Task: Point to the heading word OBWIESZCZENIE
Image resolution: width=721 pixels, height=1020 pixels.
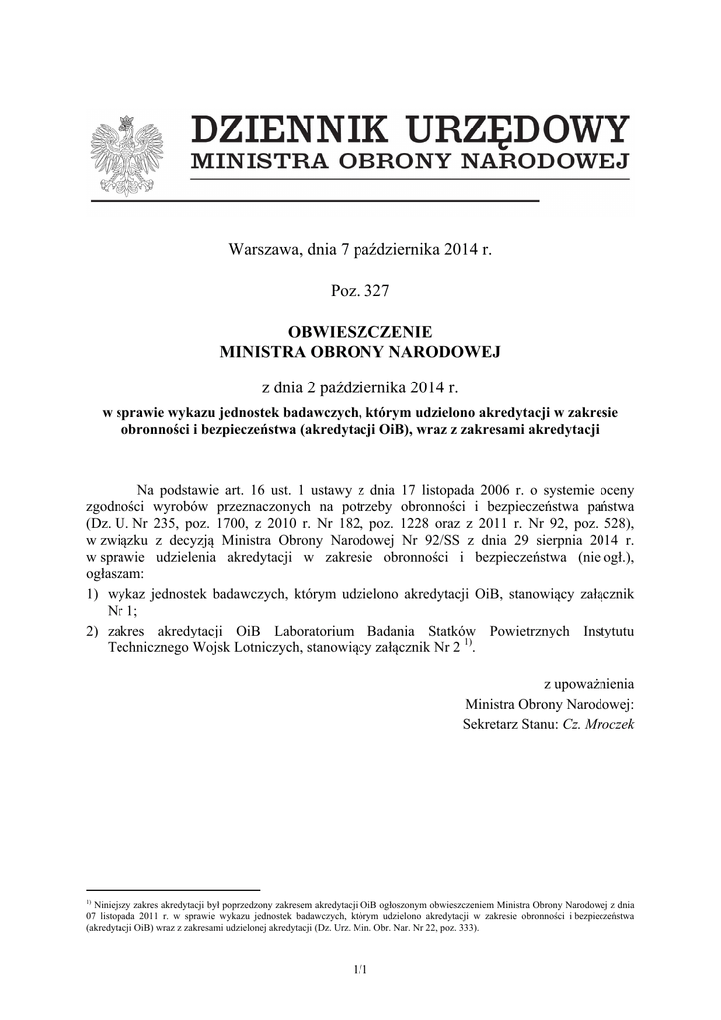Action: pyautogui.click(x=360, y=333)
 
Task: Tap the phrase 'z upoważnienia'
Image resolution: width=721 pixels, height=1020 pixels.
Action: pyautogui.click(x=589, y=685)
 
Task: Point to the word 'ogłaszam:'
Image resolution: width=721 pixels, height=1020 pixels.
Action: pyautogui.click(x=115, y=575)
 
